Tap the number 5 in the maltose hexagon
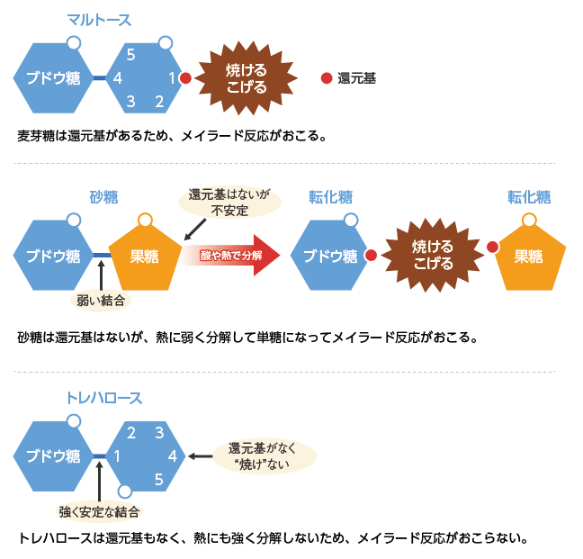click(x=130, y=55)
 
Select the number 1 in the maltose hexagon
click(x=172, y=78)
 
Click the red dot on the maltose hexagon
click(x=185, y=78)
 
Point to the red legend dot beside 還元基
click(x=326, y=78)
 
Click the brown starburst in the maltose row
click(x=246, y=78)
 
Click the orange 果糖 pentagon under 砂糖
click(x=144, y=256)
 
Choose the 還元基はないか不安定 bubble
click(x=229, y=203)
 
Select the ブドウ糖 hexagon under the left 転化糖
click(x=329, y=256)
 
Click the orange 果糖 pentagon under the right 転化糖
click(x=529, y=256)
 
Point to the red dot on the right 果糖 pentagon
click(x=492, y=247)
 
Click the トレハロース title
click(x=103, y=397)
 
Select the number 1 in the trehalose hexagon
click(x=117, y=455)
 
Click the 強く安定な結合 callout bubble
click(x=100, y=511)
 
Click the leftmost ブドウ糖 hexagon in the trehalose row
click(x=53, y=455)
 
